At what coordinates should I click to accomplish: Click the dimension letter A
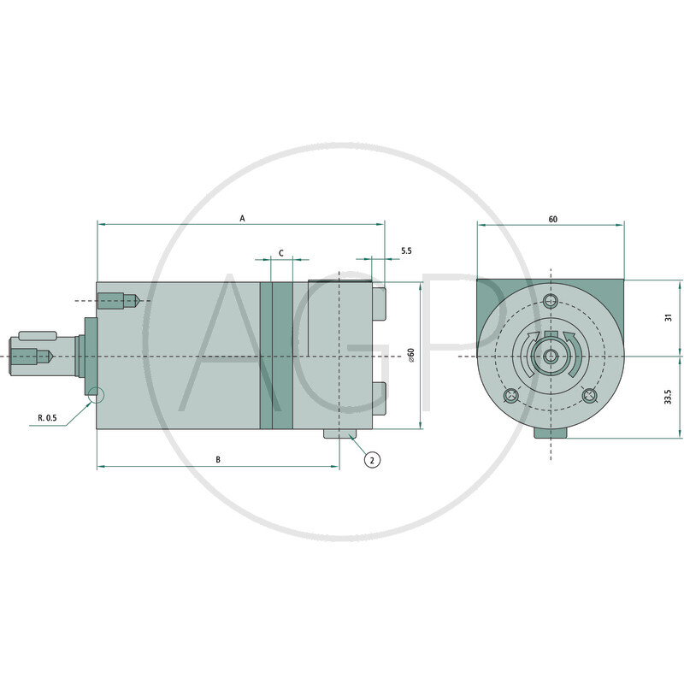(242, 219)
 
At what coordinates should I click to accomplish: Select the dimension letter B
(218, 460)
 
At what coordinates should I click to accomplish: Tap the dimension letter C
(281, 254)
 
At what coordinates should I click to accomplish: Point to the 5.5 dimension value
(405, 251)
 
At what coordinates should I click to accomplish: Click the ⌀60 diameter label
(411, 356)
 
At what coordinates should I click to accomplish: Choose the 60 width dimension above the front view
(552, 219)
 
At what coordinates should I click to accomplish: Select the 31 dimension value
(669, 316)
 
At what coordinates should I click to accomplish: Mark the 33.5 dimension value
(669, 397)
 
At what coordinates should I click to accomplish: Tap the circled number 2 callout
(372, 460)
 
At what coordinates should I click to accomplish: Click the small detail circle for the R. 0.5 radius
(96, 395)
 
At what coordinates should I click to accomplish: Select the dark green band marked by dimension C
(276, 356)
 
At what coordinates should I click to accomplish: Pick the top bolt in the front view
(551, 300)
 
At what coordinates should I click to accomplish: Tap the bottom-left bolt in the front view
(510, 395)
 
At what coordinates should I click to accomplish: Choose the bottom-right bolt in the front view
(589, 395)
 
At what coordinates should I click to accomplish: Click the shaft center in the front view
(551, 356)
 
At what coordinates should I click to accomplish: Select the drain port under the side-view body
(339, 436)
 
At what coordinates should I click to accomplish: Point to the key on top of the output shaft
(38, 333)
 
